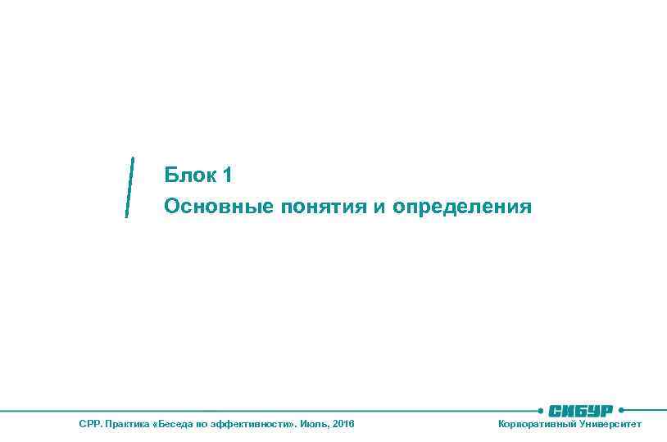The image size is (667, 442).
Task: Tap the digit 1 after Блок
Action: click(228, 175)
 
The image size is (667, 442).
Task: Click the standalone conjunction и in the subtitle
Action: click(379, 207)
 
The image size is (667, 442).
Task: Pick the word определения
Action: click(461, 207)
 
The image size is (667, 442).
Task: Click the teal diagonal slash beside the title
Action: click(129, 187)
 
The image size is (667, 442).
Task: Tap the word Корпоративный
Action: click(537, 424)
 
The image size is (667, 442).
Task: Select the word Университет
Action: click(610, 424)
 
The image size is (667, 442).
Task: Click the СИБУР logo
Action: click(581, 410)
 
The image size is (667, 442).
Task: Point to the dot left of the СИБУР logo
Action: click(540, 409)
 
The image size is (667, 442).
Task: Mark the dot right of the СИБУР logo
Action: click(622, 409)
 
